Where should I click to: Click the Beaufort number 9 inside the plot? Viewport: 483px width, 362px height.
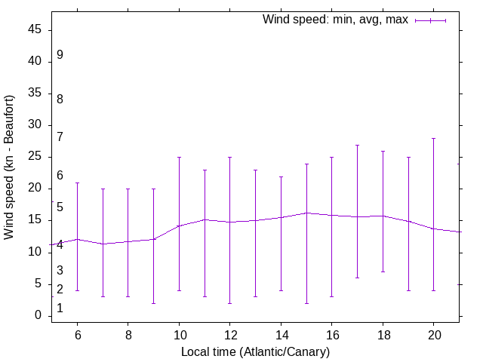point(60,55)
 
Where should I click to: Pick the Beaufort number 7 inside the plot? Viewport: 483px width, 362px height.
point(60,137)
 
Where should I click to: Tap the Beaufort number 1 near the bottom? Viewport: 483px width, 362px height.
point(60,308)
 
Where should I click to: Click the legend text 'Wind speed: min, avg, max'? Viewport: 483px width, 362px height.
point(335,20)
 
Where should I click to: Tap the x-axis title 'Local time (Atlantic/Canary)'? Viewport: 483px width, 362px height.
point(255,351)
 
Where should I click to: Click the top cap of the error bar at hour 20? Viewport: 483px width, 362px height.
point(434,138)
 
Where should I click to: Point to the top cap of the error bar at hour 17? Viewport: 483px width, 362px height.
point(357,145)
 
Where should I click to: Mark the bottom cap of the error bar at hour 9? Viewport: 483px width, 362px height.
point(153,303)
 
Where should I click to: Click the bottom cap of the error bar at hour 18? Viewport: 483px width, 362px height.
point(383,271)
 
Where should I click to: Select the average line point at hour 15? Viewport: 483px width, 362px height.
point(306,213)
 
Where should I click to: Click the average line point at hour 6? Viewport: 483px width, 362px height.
point(77,239)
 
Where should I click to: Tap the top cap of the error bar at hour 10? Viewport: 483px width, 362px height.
point(179,157)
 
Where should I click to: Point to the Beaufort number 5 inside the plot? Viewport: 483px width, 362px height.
point(60,207)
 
